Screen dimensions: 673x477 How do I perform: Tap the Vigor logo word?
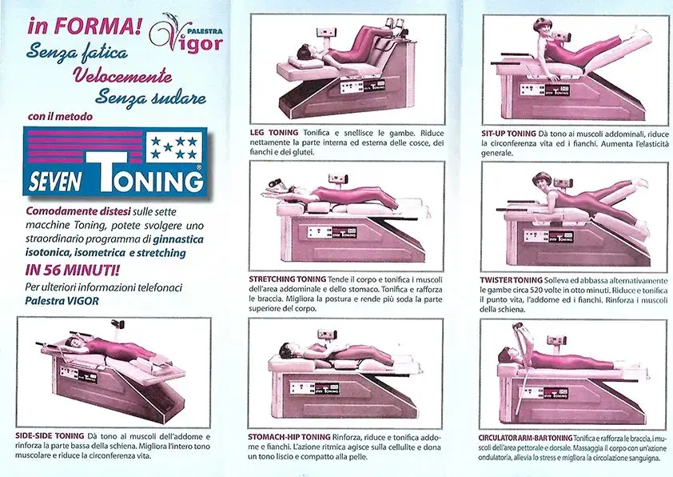[189, 39]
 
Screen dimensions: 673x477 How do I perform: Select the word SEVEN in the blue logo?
[55, 181]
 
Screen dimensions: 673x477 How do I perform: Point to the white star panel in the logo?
[173, 147]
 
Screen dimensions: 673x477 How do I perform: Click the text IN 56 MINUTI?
[73, 270]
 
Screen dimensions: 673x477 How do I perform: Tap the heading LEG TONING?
[274, 133]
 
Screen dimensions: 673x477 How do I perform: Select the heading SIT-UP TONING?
[508, 134]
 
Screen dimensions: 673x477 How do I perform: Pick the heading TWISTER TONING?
[512, 281]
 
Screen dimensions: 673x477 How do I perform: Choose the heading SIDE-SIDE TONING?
[50, 435]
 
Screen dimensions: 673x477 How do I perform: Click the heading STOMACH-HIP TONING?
[289, 437]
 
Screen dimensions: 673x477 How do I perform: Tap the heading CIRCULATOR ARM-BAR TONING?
[525, 438]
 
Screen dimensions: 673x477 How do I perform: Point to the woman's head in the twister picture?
[542, 182]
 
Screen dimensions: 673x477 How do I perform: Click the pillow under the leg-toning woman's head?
[305, 62]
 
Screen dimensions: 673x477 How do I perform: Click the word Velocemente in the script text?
[122, 76]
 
